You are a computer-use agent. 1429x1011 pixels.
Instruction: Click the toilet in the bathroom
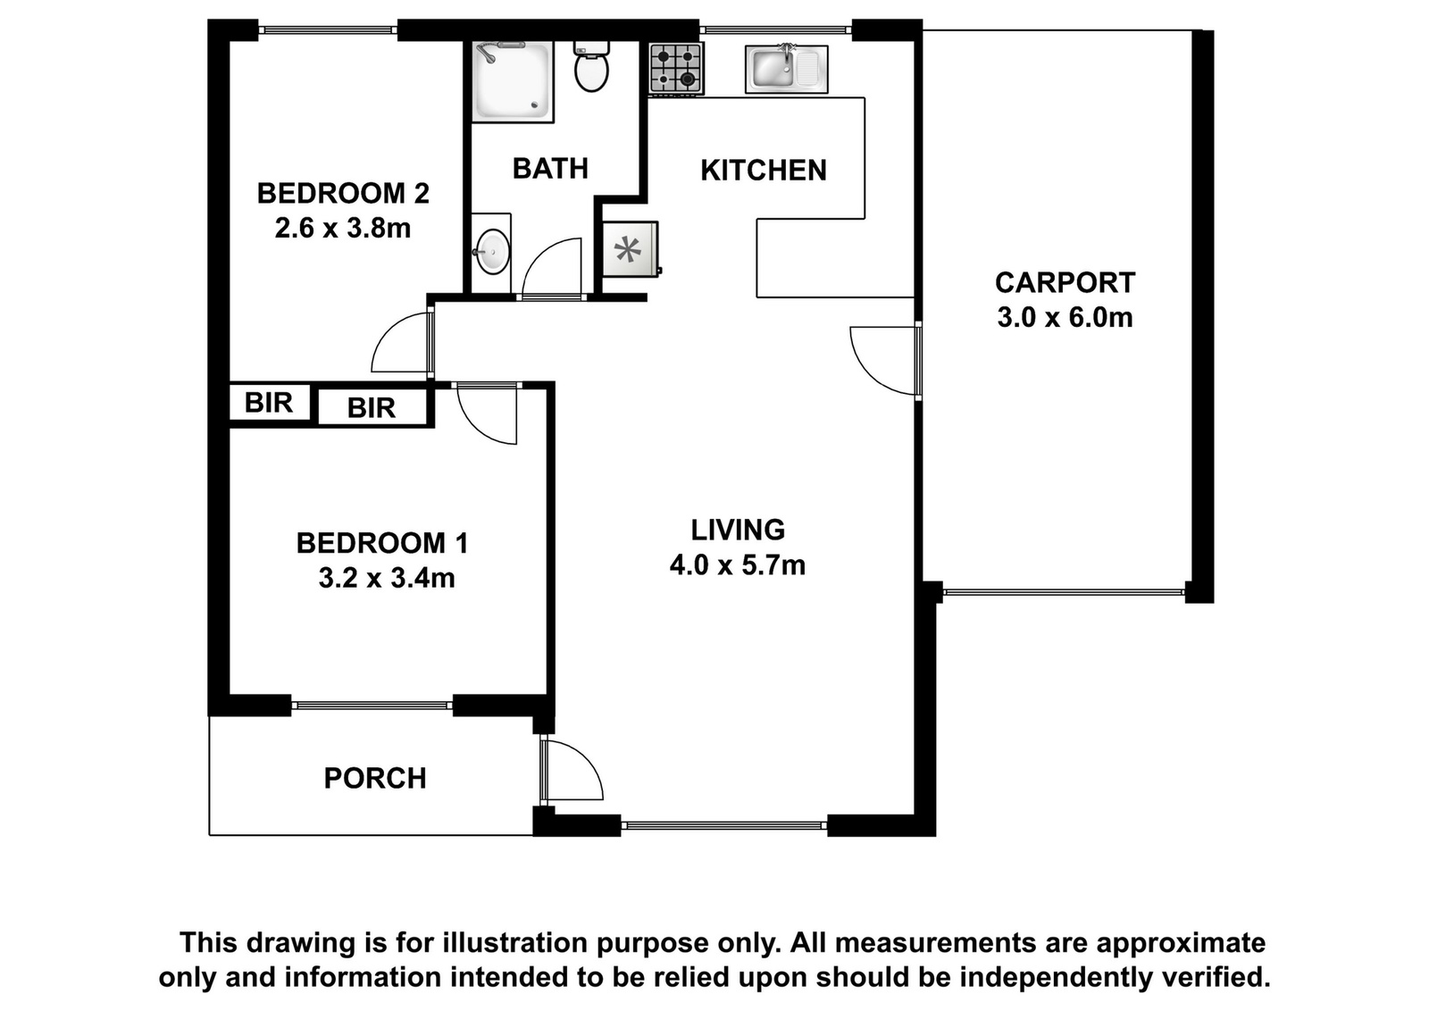point(591,67)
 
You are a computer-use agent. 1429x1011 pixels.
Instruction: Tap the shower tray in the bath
point(513,81)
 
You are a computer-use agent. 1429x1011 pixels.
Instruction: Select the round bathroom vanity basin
point(493,252)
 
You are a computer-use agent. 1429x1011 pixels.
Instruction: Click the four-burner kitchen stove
point(676,68)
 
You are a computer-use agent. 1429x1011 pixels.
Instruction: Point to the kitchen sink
point(787,69)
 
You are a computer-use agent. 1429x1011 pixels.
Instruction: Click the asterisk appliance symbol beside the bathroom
point(628,249)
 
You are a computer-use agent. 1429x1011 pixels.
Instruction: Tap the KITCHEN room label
point(764,171)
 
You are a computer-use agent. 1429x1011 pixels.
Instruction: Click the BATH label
point(550,169)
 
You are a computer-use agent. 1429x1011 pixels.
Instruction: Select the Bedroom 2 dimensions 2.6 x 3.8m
point(343,228)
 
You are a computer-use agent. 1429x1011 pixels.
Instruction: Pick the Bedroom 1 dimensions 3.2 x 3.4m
point(387,578)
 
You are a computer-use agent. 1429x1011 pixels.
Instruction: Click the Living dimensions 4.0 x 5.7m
point(738,564)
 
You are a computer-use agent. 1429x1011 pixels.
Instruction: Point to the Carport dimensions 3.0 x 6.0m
point(1065,317)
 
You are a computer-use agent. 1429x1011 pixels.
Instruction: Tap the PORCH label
point(375,778)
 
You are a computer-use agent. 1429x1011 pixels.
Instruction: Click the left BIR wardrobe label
point(269,403)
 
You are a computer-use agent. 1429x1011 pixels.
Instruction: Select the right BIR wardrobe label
point(372,407)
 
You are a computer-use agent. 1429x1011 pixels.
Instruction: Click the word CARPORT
point(1065,282)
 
